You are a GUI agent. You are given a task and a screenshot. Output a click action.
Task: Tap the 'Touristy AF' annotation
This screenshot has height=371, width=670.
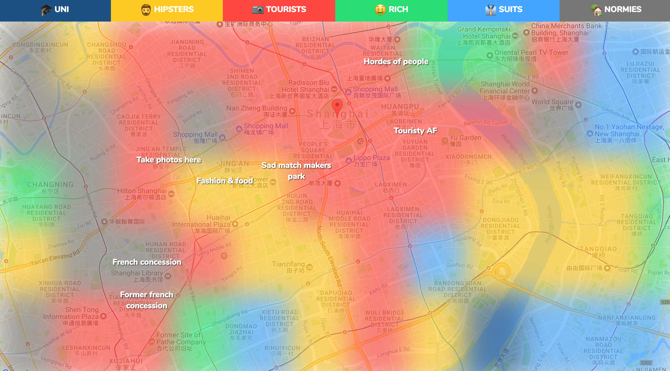click(x=415, y=131)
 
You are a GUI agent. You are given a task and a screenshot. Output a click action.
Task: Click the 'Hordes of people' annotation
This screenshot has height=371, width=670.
click(x=396, y=62)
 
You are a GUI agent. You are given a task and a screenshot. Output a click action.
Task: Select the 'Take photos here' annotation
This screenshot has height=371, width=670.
click(x=169, y=160)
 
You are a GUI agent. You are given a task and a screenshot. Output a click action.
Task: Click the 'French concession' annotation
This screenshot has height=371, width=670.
click(x=147, y=262)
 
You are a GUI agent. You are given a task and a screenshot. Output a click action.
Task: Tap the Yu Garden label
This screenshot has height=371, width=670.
click(x=465, y=138)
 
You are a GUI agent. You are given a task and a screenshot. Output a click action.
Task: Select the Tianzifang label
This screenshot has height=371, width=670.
click(x=288, y=264)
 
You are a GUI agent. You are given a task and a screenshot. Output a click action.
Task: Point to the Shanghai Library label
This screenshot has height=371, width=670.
click(x=137, y=273)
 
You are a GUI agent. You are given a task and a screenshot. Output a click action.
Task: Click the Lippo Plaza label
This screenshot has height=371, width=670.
click(x=371, y=158)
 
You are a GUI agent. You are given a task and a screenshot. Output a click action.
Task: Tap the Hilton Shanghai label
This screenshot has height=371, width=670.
click(x=142, y=191)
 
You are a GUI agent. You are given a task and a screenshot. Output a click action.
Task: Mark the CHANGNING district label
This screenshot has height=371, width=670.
click(x=50, y=185)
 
